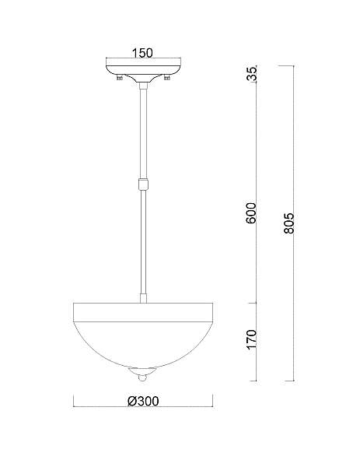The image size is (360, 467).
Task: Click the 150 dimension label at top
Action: (142, 53)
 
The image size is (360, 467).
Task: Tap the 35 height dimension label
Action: (251, 74)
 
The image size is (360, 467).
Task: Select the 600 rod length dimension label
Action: (251, 213)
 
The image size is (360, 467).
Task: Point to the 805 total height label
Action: (288, 223)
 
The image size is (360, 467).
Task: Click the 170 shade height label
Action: (251, 339)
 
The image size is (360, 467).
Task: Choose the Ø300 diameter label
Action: (143, 401)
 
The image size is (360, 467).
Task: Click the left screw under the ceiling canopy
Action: (120, 78)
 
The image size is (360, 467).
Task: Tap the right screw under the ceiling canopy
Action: (167, 78)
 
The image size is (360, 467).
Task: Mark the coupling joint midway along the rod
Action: (143, 184)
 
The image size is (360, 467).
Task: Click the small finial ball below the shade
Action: (143, 378)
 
